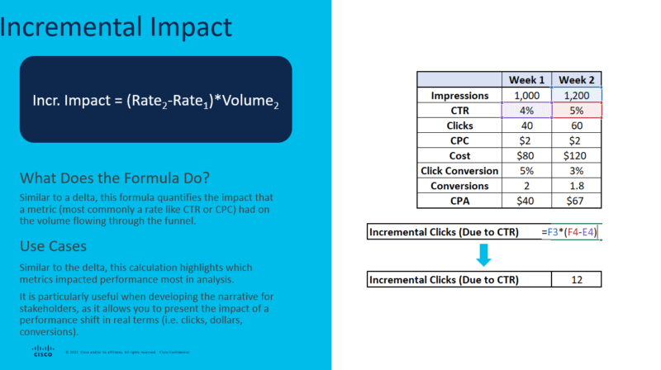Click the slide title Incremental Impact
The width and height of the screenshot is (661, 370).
coord(116,27)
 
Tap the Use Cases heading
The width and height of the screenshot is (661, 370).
coord(56,246)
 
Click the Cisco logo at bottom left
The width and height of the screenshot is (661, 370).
coord(43,350)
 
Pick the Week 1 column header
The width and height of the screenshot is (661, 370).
coord(525,80)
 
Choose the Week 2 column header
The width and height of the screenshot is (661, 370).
coord(577,80)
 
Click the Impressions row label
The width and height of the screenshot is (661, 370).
coord(459,96)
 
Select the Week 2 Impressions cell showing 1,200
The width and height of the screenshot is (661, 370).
coord(577,96)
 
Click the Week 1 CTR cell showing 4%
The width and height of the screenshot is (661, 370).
coord(525,111)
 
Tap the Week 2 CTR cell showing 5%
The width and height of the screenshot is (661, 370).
coord(577,111)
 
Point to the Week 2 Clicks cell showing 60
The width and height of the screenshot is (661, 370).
coord(577,126)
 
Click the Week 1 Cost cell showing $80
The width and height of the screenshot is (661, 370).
coord(525,155)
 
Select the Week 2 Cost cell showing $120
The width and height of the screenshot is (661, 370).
coord(577,155)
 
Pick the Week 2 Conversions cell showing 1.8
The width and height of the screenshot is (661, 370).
coord(577,185)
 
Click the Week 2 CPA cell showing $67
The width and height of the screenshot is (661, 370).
coord(577,200)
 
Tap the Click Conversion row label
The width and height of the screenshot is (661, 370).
coord(459,170)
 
